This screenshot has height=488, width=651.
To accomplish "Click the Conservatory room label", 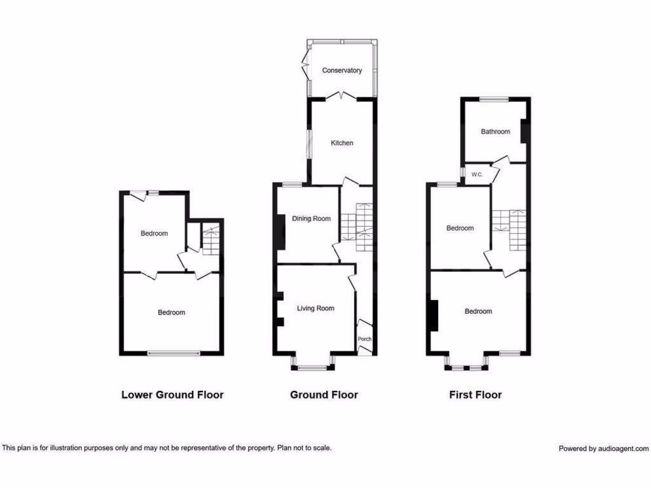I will coord(342,71).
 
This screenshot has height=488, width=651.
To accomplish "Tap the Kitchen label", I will coord(342,143).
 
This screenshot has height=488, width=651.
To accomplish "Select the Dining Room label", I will coord(312,219).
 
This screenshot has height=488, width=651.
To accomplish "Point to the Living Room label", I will coord(315,309).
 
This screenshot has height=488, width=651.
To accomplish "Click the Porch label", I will coord(365,339).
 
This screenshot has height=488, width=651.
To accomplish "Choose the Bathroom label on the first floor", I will coord(495,132).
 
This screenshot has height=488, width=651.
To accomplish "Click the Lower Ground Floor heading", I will coord(172,395).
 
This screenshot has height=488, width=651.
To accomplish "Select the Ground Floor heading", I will coord(324,395).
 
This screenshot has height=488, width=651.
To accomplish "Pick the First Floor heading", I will coord(476,395).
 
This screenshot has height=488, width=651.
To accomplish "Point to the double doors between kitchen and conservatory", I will coord(342,96).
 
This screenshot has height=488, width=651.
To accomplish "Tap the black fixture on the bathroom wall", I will coord(524,131).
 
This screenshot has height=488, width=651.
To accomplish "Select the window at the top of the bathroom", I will coord(494,98).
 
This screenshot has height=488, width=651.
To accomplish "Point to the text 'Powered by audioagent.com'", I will coord(604,449).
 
